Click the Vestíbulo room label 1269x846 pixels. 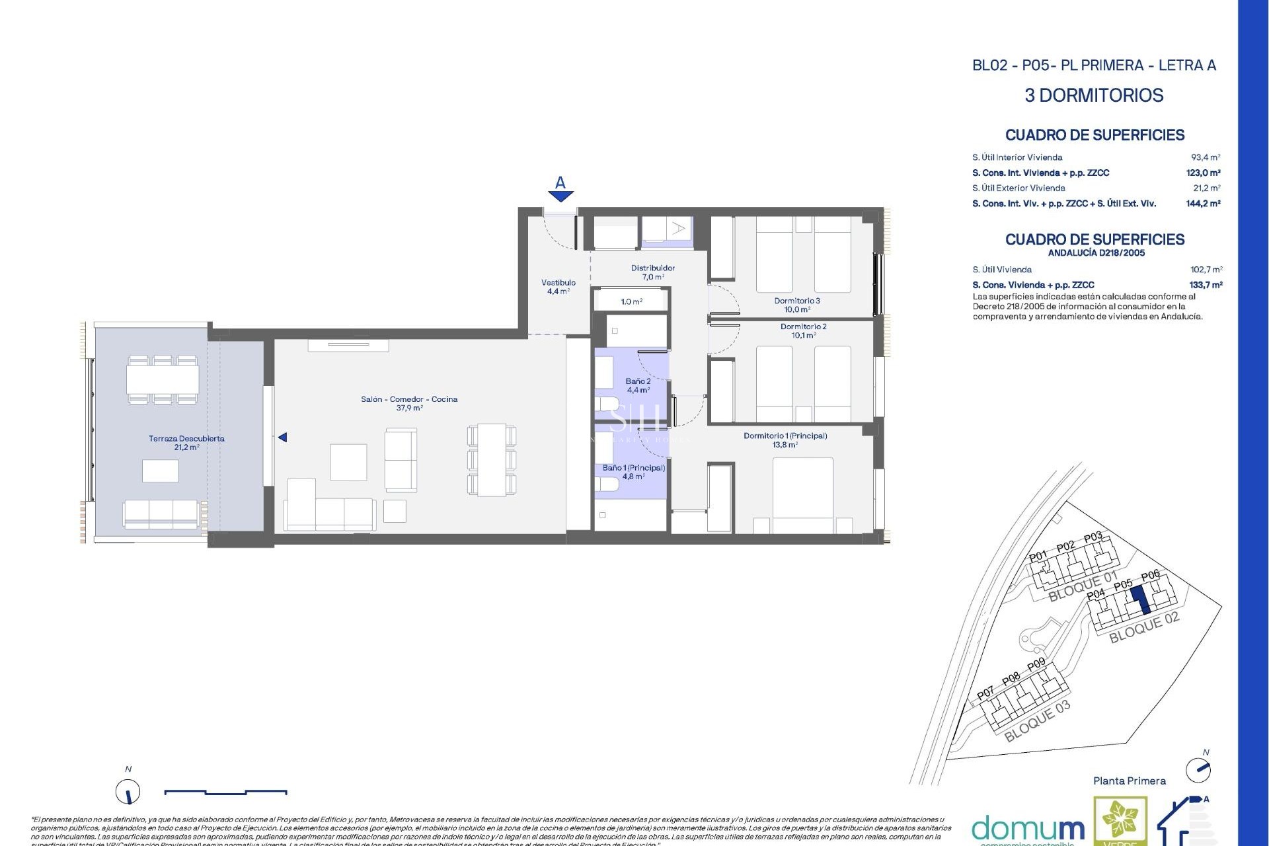pyautogui.click(x=558, y=286)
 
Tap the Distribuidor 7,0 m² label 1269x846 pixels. pyautogui.click(x=652, y=272)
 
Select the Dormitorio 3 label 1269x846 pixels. pyautogui.click(x=797, y=304)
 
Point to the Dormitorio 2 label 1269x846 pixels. pyautogui.click(x=803, y=330)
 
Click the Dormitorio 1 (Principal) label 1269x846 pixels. pyautogui.click(x=785, y=440)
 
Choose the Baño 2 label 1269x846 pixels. pyautogui.click(x=638, y=385)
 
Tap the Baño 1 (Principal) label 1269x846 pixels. pyautogui.click(x=633, y=471)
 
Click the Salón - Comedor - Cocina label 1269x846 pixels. pyautogui.click(x=409, y=403)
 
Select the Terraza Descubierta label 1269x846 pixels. pyautogui.click(x=186, y=442)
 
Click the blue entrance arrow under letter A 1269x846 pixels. pyautogui.click(x=560, y=196)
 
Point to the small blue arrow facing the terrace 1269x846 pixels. pyautogui.click(x=282, y=438)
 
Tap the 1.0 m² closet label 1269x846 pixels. pyautogui.click(x=631, y=301)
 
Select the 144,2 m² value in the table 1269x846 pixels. pyautogui.click(x=1202, y=204)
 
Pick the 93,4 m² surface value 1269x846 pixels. pyautogui.click(x=1205, y=157)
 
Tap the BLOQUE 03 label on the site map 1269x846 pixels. pyautogui.click(x=1036, y=722)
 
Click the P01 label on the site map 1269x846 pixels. pyautogui.click(x=1038, y=557)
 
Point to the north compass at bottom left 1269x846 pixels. pyautogui.click(x=128, y=791)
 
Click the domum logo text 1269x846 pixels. pyautogui.click(x=1027, y=828)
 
